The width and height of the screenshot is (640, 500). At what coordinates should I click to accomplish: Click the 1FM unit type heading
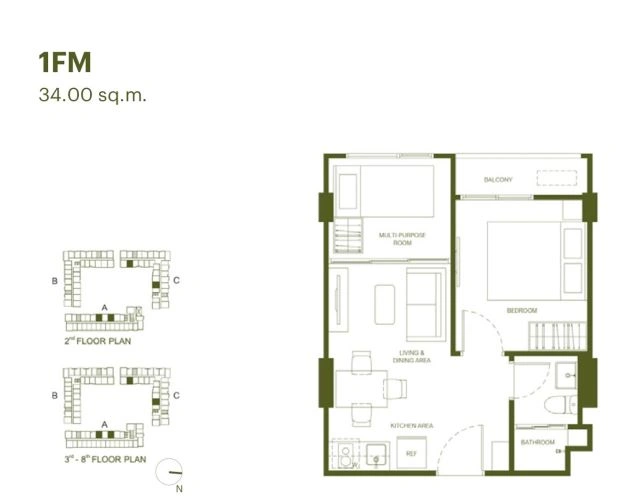65,62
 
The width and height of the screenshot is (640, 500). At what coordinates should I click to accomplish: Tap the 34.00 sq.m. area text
92,95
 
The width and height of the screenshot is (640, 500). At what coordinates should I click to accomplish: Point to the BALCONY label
498,180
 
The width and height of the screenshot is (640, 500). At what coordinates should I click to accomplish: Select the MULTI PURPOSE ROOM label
402,239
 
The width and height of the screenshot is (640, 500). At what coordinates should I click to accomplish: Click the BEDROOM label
522,311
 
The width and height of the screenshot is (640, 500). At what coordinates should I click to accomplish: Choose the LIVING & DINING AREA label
411,356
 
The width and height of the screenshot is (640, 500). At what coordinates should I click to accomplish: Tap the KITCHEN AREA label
411,426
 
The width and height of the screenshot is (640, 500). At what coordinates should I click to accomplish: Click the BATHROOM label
538,442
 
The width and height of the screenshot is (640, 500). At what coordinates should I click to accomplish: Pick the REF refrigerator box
411,453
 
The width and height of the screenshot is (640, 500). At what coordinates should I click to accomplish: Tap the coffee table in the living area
384,304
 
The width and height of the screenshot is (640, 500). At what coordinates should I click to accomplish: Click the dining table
361,389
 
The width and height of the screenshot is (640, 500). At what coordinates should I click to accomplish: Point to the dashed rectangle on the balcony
556,178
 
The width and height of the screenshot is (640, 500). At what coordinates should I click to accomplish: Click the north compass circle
169,472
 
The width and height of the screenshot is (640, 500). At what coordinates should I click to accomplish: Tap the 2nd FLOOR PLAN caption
98,341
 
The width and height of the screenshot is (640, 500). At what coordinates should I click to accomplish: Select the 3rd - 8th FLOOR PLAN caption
105,459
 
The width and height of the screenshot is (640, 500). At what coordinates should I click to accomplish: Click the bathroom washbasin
566,375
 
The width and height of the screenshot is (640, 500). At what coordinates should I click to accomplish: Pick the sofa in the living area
426,305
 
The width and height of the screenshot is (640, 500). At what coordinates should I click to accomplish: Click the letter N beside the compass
179,489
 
